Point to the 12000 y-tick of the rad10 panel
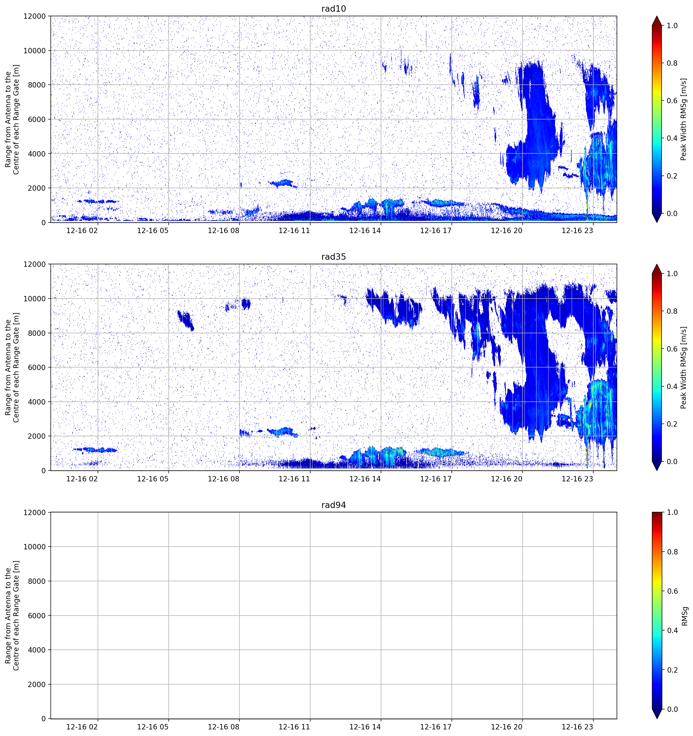click(x=35, y=16)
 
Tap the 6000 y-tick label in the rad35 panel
click(x=37, y=367)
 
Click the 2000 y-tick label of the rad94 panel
click(x=37, y=685)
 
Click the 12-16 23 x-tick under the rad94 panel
click(x=577, y=727)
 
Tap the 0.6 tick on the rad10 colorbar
click(x=672, y=101)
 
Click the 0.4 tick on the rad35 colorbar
click(x=672, y=387)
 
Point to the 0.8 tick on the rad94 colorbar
click(x=672, y=552)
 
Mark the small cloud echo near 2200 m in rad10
click(x=283, y=183)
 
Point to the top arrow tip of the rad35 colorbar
click(x=657, y=264)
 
